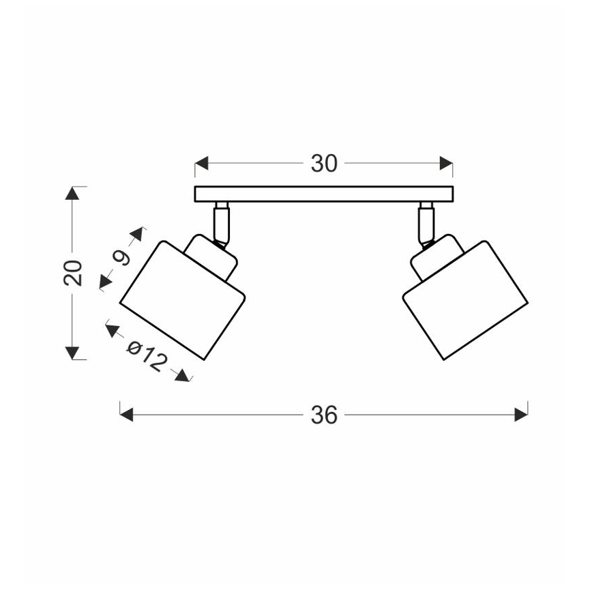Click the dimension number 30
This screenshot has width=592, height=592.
[324, 164]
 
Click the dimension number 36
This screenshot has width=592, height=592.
[324, 415]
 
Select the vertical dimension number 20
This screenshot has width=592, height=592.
[73, 273]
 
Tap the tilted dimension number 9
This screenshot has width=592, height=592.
[121, 258]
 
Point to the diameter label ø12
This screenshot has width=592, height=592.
[147, 355]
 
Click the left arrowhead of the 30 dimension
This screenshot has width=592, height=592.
[202, 164]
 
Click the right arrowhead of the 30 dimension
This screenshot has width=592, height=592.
[446, 164]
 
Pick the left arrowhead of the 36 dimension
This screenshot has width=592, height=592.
[126, 415]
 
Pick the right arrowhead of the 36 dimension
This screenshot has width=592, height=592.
[521, 415]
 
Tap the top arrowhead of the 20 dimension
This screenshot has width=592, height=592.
[72, 193]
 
